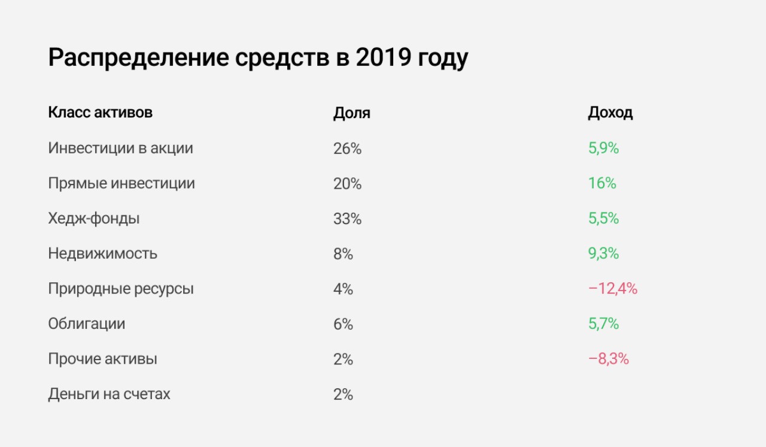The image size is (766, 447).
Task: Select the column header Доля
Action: click(x=351, y=113)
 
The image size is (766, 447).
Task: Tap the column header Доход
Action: click(x=610, y=113)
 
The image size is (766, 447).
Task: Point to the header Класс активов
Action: click(x=100, y=113)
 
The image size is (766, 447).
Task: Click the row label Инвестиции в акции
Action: click(x=120, y=148)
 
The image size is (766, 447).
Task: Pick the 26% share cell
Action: click(x=347, y=149)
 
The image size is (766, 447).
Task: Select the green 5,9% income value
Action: click(x=603, y=149)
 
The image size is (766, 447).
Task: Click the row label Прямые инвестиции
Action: click(x=121, y=183)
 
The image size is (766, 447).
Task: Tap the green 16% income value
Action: click(x=601, y=183)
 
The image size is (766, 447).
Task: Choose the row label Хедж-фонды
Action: click(x=94, y=219)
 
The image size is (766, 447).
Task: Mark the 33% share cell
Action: click(x=347, y=219)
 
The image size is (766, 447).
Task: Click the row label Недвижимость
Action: click(x=102, y=253)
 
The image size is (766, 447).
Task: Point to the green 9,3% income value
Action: click(x=603, y=253)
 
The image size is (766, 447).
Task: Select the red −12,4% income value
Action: click(x=613, y=289)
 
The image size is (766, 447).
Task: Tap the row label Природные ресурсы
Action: click(x=121, y=289)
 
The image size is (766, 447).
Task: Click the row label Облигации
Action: click(x=87, y=324)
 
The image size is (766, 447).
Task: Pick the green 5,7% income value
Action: click(x=603, y=324)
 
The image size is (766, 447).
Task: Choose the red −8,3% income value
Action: click(x=609, y=360)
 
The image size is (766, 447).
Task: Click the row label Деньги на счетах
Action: click(x=109, y=394)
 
